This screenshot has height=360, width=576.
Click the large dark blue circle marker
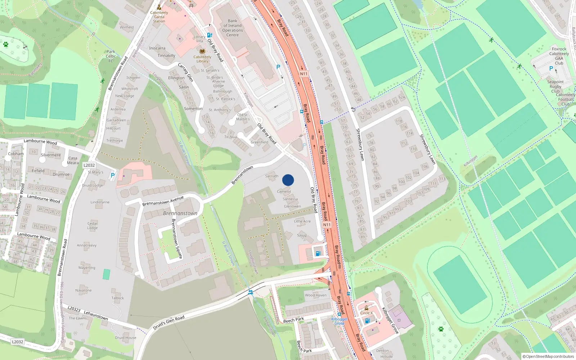click(x=288, y=180)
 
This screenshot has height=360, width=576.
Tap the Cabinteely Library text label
click(x=202, y=59)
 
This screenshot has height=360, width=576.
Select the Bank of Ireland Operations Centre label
click(x=233, y=28)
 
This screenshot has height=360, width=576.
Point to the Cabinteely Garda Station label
click(x=159, y=17)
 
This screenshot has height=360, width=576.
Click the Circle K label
click(x=366, y=313)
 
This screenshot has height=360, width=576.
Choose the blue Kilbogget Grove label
click(x=339, y=321)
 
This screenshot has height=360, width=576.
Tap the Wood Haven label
click(x=316, y=295)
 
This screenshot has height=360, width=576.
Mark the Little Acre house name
click(x=302, y=221)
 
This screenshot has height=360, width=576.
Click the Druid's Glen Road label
click(x=168, y=323)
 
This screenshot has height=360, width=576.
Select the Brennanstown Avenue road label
click(x=163, y=201)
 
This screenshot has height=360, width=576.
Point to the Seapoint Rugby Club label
click(x=555, y=86)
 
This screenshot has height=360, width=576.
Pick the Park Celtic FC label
click(x=111, y=56)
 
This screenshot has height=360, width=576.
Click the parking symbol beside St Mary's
click(x=113, y=175)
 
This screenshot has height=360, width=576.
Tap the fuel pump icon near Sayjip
click(x=318, y=253)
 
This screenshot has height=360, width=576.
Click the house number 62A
click(x=402, y=98)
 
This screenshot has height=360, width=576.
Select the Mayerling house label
click(x=87, y=268)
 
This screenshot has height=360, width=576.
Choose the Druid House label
click(x=126, y=338)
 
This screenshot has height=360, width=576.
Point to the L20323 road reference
click(x=74, y=309)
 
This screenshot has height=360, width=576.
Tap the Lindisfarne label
click(x=100, y=202)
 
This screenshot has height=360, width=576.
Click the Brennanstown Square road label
click(x=177, y=238)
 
